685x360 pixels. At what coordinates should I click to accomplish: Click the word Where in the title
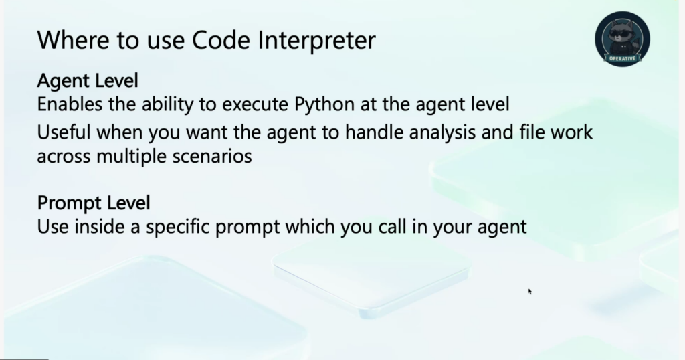tap(74, 39)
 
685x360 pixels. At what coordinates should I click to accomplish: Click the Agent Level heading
tap(88, 81)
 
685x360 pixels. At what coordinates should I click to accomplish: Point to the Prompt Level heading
tap(94, 203)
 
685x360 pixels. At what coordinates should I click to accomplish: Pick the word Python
tap(324, 105)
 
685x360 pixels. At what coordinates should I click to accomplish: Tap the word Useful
tap(64, 132)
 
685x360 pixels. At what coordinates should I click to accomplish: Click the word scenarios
tap(212, 157)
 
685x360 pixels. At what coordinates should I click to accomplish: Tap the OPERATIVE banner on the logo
tap(622, 58)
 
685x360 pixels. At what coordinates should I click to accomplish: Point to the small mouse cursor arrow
tap(530, 291)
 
